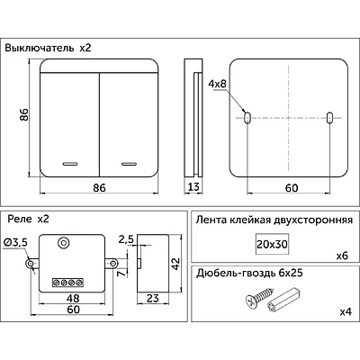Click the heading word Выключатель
[x=39, y=48]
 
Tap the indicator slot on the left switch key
[x=70, y=164]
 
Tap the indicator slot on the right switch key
[x=129, y=164]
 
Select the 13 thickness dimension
[x=193, y=187]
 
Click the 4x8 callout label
[x=217, y=84]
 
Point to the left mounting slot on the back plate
[x=247, y=118]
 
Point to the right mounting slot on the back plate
[x=329, y=118]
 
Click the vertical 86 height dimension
[x=24, y=114]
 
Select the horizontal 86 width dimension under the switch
[x=99, y=188]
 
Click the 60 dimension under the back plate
[x=292, y=188]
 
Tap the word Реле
[x=20, y=219]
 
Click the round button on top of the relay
[x=63, y=242]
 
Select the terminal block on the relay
[x=67, y=283]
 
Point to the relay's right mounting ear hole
[x=112, y=264]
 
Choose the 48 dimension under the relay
[x=73, y=298]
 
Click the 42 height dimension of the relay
[x=175, y=264]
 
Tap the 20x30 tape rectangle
[x=272, y=244]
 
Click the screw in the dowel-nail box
[x=259, y=297]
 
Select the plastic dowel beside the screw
[x=283, y=301]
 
